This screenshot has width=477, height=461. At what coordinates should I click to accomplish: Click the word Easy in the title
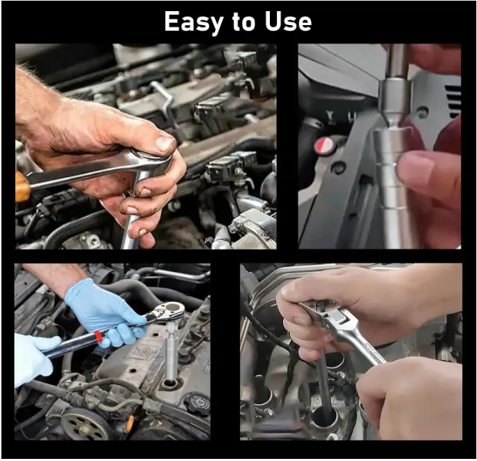click(x=193, y=22)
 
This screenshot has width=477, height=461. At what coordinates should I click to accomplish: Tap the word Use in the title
click(x=289, y=22)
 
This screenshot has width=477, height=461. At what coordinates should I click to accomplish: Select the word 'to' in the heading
click(x=243, y=22)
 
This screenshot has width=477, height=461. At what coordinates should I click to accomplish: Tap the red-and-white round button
click(x=324, y=145)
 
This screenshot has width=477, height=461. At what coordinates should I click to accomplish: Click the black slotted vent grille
click(x=453, y=100)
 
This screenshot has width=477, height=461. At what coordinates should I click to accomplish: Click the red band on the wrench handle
click(x=98, y=336)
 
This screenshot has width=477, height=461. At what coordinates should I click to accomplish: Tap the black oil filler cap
click(x=198, y=404)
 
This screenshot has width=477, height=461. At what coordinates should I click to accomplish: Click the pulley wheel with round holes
click(x=82, y=425)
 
